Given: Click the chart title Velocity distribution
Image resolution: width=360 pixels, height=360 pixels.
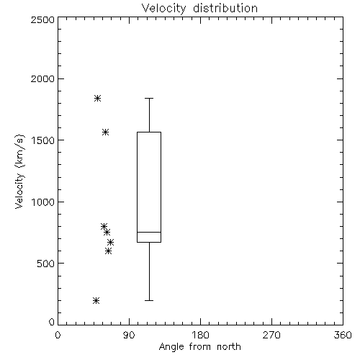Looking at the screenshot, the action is [x=199, y=9].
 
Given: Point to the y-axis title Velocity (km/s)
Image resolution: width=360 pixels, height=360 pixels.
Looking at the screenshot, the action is [x=19, y=171].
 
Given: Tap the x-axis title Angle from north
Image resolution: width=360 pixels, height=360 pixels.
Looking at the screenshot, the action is [x=199, y=347].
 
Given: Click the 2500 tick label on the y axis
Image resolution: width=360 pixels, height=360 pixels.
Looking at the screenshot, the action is [x=42, y=19].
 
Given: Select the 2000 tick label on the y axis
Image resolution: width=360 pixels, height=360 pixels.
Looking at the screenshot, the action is [x=42, y=79].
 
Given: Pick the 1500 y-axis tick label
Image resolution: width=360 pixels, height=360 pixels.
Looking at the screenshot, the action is [x=43, y=140].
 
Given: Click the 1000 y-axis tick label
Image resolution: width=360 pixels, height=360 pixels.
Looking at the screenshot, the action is [x=43, y=202].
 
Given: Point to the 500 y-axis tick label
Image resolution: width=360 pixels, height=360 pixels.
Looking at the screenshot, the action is [x=46, y=264].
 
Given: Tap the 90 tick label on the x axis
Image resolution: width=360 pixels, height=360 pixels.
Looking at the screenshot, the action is [x=129, y=335].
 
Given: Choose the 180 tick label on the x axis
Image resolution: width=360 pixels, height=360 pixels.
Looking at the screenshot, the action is [x=199, y=335].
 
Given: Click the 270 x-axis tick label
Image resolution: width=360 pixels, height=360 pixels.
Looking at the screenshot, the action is [x=271, y=335].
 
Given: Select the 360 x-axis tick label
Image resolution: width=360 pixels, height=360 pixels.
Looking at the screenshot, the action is [x=343, y=335].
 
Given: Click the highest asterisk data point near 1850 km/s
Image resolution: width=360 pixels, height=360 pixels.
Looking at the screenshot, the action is [x=97, y=98].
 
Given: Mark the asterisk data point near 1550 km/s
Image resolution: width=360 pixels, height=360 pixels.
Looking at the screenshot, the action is [x=105, y=132].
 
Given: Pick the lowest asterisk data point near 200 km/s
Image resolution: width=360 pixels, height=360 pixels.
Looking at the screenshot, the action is [x=96, y=300].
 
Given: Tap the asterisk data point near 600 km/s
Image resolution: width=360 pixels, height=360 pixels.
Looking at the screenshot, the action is [x=108, y=251].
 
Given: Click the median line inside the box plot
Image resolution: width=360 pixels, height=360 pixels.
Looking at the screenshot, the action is [x=149, y=232].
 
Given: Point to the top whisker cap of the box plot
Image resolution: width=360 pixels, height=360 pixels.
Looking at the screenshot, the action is [x=149, y=98].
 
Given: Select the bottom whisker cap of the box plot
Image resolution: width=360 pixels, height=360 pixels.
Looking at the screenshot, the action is [x=149, y=300].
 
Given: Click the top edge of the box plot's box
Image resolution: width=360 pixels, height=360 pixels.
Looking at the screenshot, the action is [x=149, y=132].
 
